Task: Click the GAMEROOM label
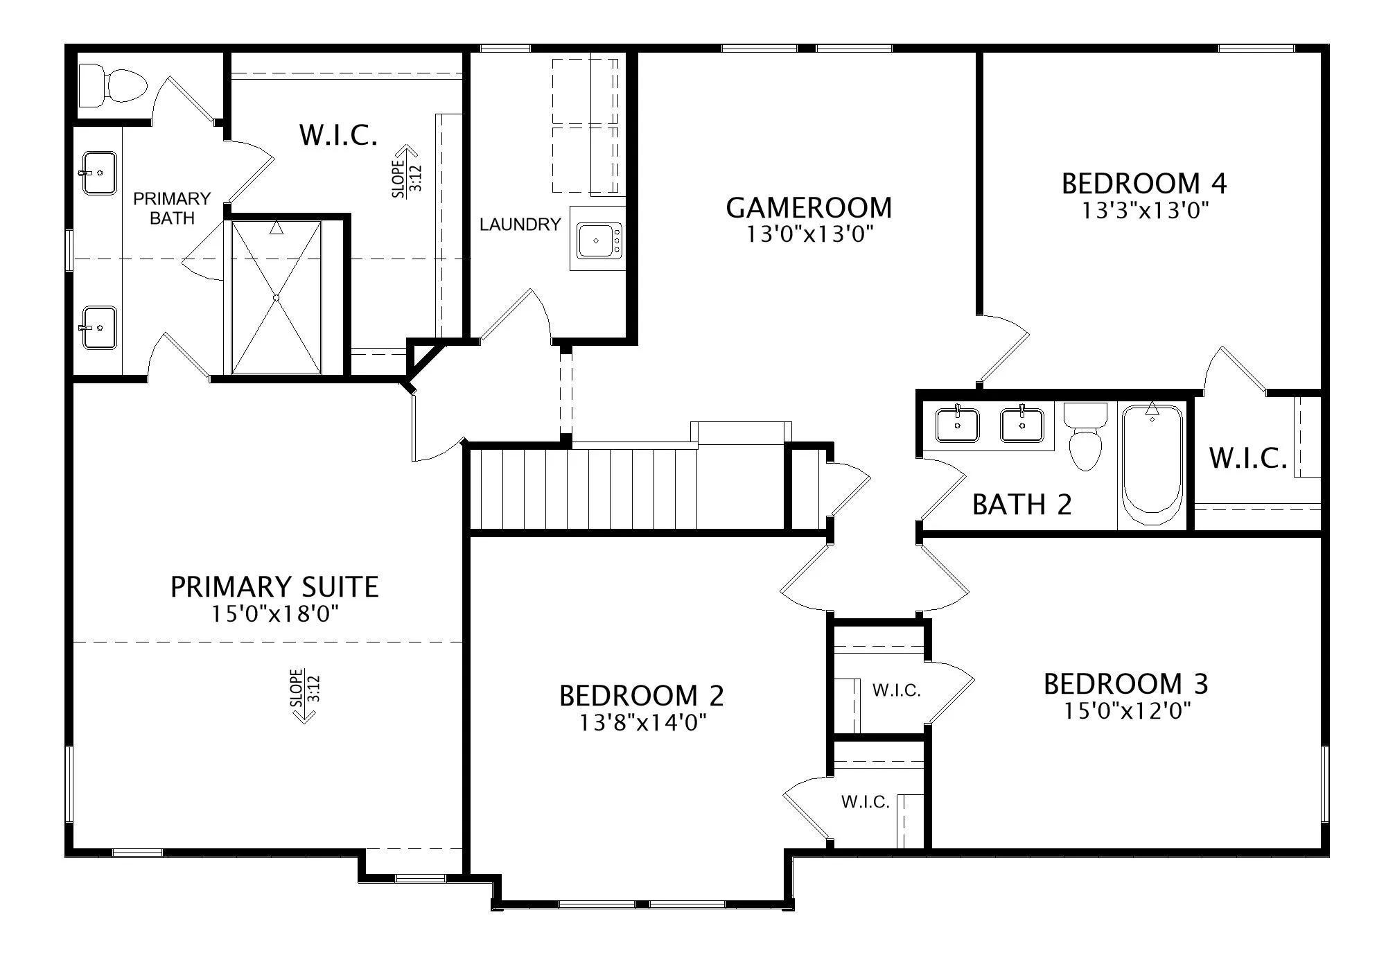tap(809, 207)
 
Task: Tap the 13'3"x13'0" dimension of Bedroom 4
tap(1146, 210)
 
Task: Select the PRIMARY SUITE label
tap(274, 587)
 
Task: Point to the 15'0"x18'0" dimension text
tap(275, 614)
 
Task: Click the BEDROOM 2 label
tap(642, 695)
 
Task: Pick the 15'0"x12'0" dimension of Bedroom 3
tap(1128, 710)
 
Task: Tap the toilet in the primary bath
tap(113, 86)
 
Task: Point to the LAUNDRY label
tap(520, 225)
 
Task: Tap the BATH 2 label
tap(1022, 505)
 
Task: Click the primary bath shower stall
tap(276, 298)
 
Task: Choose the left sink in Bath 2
tap(958, 424)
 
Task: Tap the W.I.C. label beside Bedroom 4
tap(1248, 458)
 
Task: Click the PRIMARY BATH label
tap(172, 208)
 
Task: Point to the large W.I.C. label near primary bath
tap(338, 134)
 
